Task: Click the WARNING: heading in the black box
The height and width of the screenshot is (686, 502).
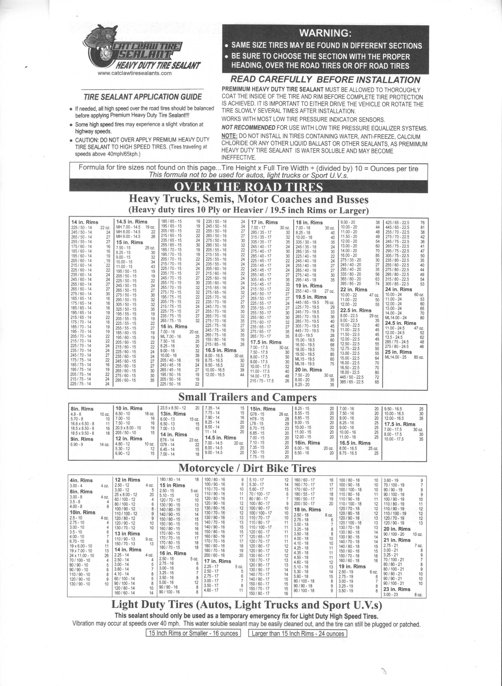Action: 325,33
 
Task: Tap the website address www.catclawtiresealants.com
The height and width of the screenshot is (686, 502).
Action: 135,73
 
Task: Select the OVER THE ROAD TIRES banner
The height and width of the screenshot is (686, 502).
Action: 248,187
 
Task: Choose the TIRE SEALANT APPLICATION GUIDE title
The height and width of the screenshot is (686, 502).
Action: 143,97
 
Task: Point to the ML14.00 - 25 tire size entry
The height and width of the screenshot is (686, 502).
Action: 395,357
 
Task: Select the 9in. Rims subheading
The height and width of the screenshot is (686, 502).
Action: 82,439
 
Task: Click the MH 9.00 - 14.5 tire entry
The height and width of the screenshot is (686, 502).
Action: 128,236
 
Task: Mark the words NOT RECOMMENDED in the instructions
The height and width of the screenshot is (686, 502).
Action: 248,128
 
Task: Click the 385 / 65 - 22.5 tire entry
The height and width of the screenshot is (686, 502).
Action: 352,382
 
